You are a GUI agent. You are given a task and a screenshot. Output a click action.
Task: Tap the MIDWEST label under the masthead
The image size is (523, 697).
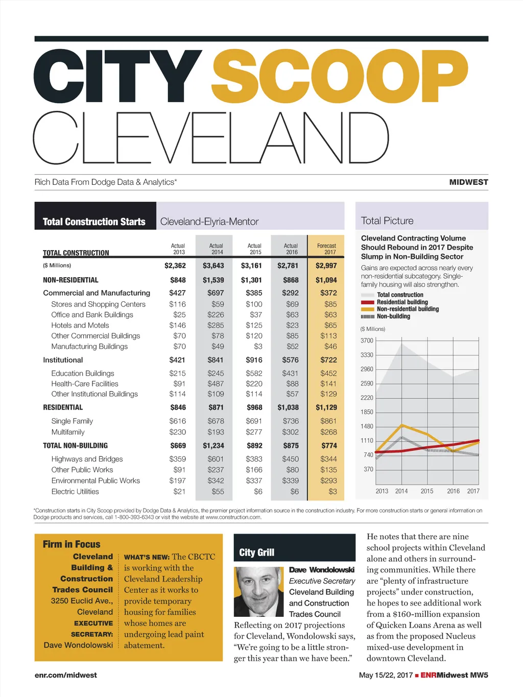pos(468,182)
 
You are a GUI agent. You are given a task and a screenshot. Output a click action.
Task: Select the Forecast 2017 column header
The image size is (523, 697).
pos(326,249)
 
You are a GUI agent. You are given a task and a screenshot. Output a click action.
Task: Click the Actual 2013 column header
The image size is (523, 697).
pos(178,249)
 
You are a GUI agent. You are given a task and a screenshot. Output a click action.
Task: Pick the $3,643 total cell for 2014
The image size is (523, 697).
pos(213,266)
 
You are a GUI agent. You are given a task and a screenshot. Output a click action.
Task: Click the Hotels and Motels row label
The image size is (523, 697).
pos(80,325)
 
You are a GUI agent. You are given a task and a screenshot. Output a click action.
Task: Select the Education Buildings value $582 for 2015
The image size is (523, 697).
pos(254,373)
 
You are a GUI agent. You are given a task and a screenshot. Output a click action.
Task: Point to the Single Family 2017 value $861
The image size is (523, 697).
pos(328,421)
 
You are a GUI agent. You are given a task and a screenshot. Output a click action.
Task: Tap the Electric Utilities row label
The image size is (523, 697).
pos(75,492)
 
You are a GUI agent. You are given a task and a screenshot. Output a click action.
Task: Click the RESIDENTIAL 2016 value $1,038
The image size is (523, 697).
pos(288,407)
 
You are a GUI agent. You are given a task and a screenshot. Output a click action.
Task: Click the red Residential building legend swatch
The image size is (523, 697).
pos(367,302)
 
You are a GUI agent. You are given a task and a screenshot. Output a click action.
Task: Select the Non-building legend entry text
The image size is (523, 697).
pos(393,317)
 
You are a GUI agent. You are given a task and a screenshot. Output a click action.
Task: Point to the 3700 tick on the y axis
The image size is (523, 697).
pos(367,341)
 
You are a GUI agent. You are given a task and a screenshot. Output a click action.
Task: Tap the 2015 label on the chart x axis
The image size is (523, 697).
pos(427,491)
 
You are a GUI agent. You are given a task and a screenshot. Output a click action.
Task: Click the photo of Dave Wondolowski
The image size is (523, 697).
pos(258,592)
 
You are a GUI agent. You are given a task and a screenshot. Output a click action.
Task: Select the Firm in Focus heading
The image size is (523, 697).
pos(72,544)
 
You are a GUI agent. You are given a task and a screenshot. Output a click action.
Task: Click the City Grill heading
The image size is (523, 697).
pos(256,552)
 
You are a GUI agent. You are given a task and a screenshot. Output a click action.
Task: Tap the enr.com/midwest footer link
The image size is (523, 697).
pos(65,675)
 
